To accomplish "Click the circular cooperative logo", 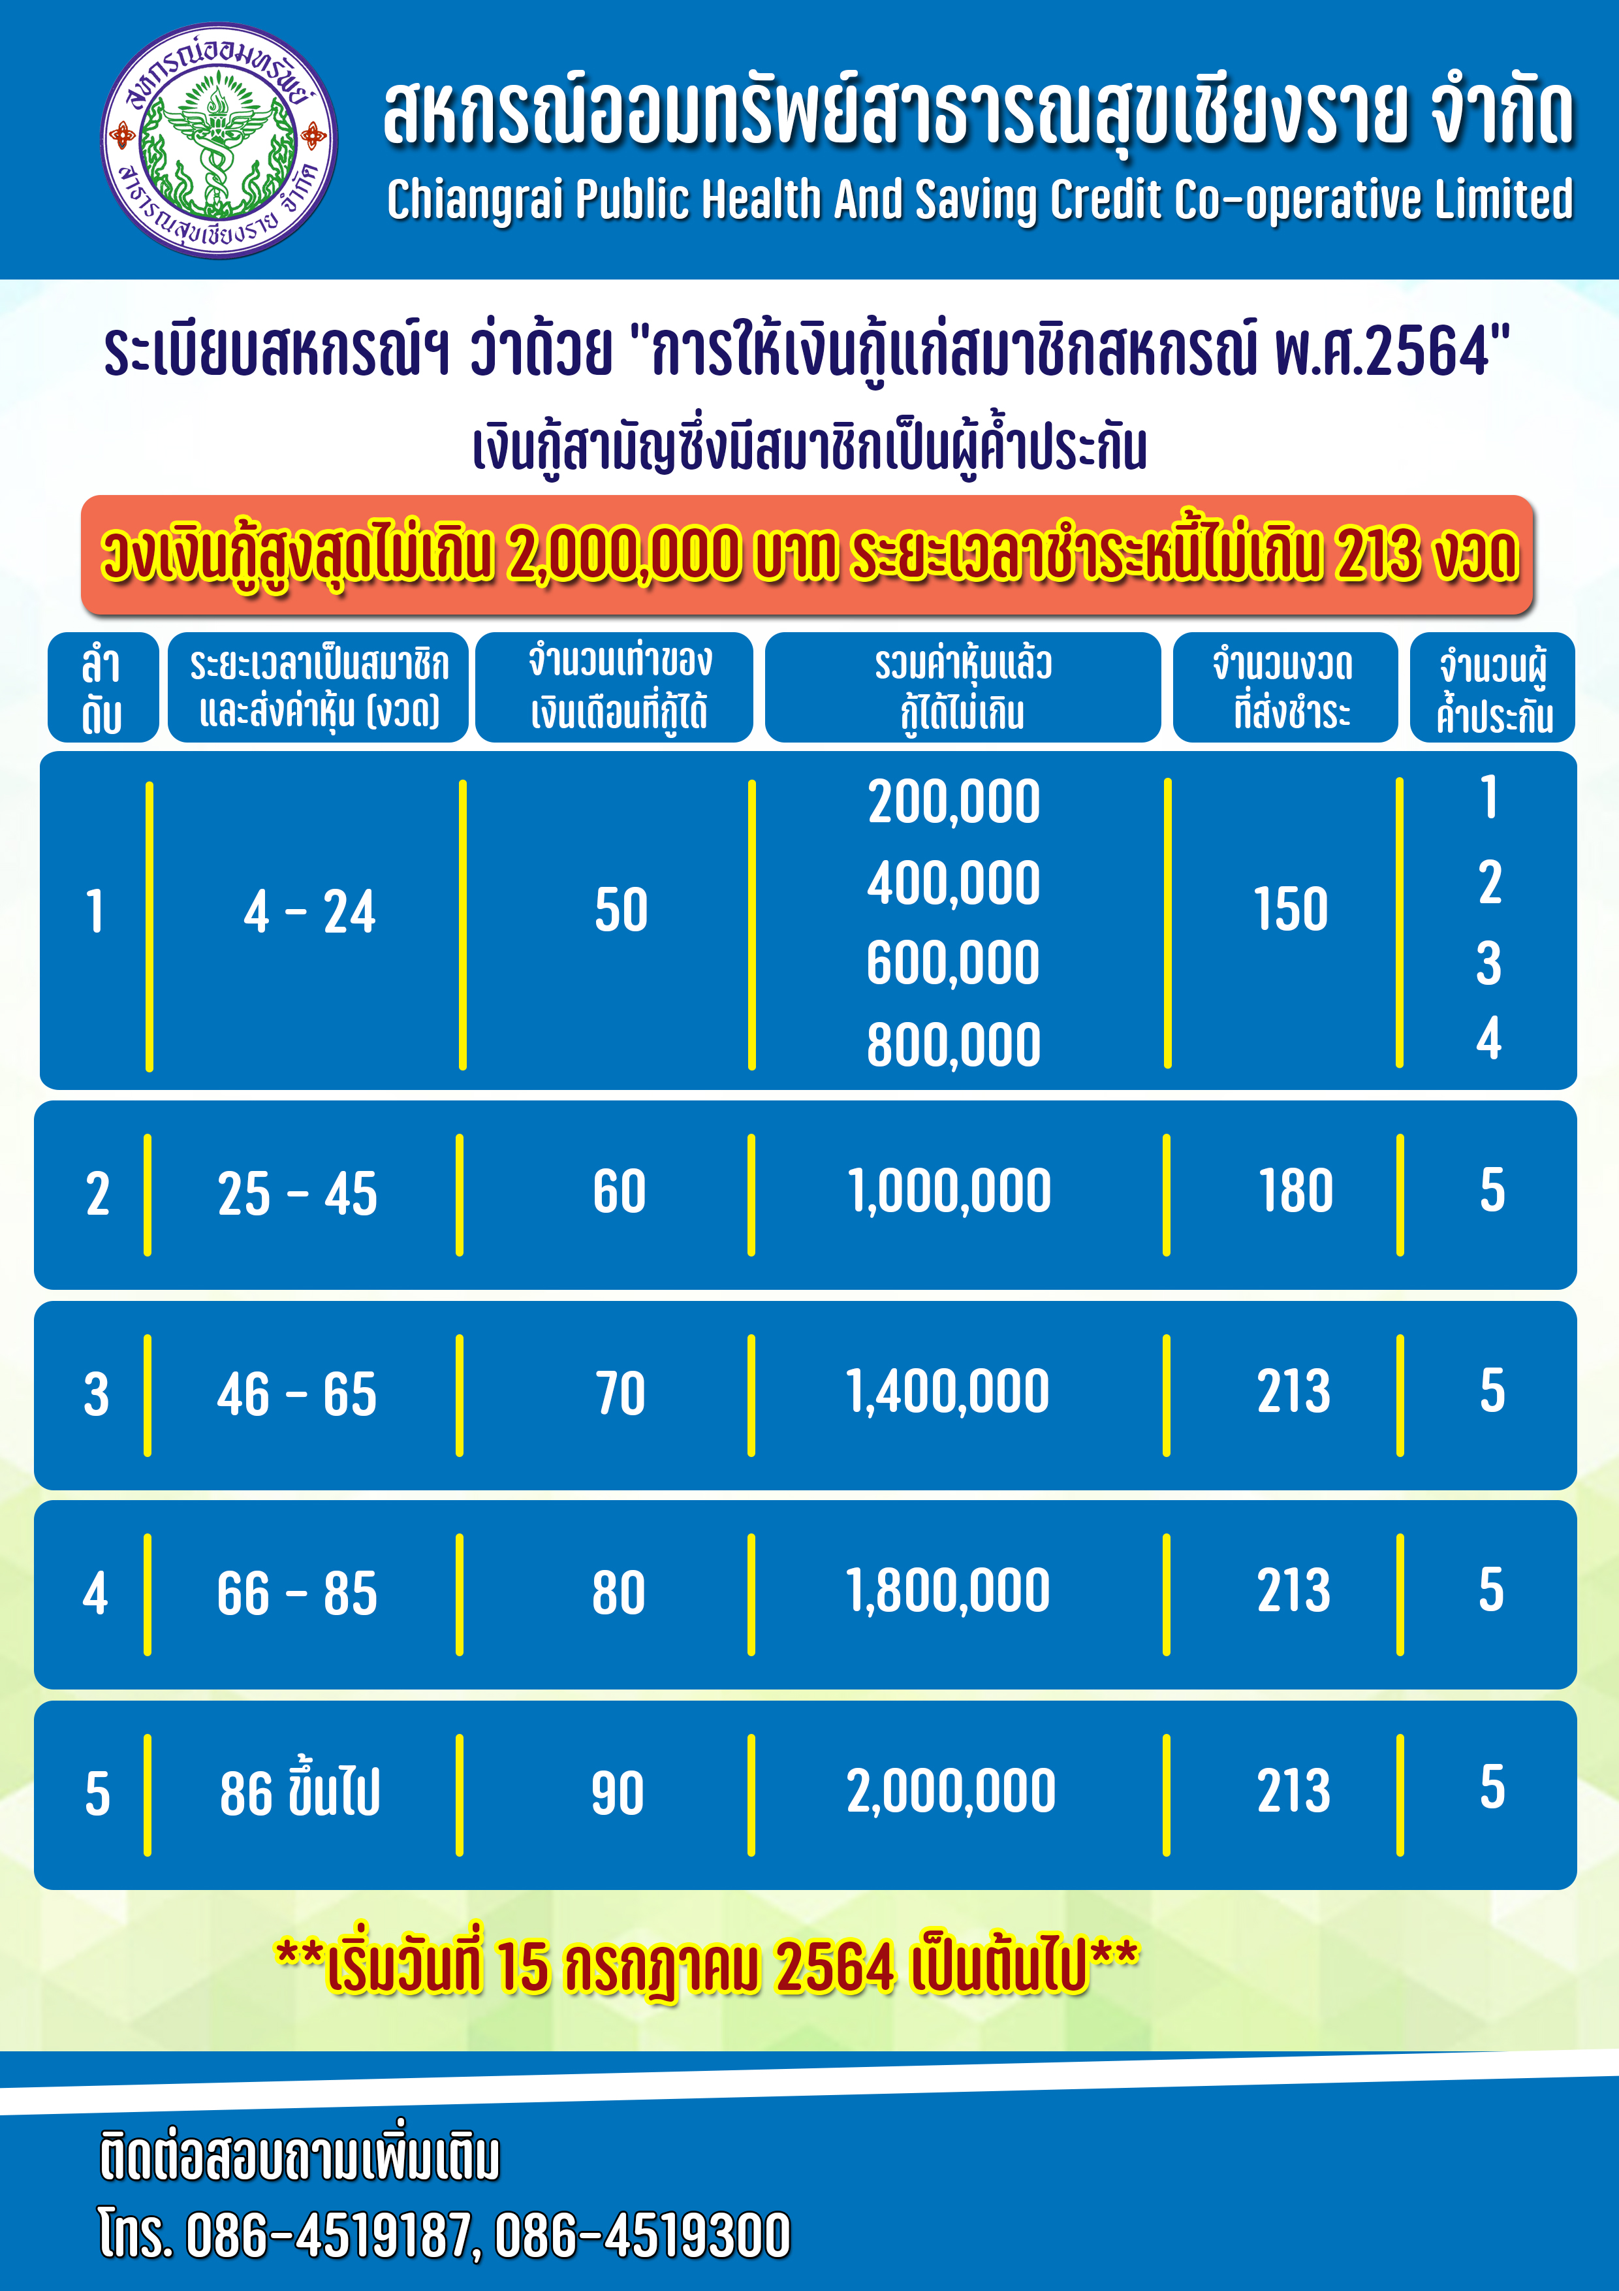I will [219, 140].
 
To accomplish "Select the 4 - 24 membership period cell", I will [309, 912].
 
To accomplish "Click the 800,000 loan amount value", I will [954, 1045].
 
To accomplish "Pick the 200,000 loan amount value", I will [954, 802].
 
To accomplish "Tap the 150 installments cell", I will [1291, 910].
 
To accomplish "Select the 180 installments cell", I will [1295, 1191].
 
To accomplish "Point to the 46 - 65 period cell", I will [297, 1394].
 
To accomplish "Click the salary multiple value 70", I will [620, 1394].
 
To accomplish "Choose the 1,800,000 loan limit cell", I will [948, 1590].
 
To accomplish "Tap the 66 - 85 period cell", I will [297, 1594].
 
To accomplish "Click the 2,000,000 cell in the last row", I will [951, 1791].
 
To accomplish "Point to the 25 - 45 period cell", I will [297, 1194].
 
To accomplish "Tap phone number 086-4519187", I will [328, 2235].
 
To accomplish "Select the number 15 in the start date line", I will [524, 1966].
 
